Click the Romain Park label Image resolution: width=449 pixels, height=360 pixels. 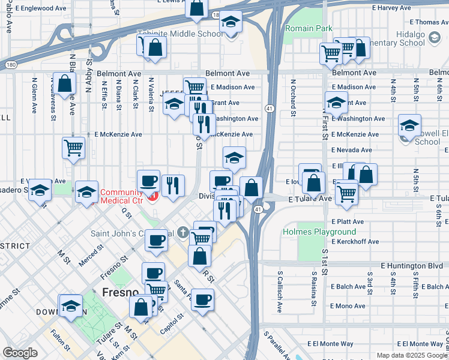[309, 28]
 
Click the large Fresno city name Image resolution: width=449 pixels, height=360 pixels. [121, 293]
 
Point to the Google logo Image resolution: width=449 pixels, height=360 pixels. [20, 352]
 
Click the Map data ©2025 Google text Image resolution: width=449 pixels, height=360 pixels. [412, 355]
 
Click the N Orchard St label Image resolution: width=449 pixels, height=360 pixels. [293, 97]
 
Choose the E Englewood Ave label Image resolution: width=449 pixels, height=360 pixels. [41, 9]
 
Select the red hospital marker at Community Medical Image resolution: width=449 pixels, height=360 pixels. [152, 196]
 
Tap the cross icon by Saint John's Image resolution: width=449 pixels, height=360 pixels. [184, 233]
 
